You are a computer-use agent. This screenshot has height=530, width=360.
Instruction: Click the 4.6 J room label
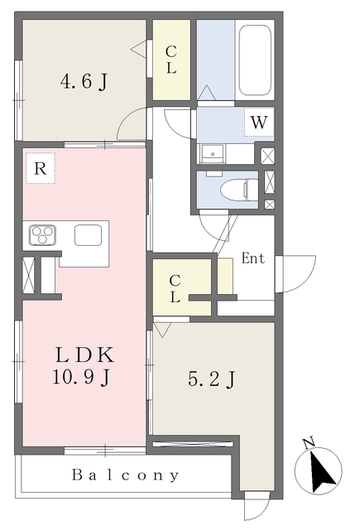point(84,81)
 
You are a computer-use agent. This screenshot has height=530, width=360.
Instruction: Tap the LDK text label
point(84,355)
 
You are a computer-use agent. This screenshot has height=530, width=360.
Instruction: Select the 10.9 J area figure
point(81,377)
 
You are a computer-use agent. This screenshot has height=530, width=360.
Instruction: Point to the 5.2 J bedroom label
point(211,379)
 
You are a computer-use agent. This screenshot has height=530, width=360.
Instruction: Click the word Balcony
point(125,475)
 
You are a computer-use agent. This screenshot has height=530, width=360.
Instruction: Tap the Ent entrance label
point(253,258)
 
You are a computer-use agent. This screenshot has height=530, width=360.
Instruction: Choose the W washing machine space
point(259,122)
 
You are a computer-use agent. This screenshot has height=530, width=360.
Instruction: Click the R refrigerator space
point(41,168)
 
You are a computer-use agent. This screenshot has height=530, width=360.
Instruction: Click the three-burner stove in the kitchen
point(42,234)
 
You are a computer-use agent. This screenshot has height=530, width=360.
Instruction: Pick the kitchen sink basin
point(89,235)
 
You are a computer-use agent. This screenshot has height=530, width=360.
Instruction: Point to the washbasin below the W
point(213,154)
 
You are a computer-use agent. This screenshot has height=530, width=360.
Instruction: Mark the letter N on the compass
point(309,443)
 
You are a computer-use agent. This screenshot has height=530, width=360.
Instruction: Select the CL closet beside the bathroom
point(171,60)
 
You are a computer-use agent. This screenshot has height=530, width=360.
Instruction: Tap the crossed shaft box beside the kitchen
point(28,274)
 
